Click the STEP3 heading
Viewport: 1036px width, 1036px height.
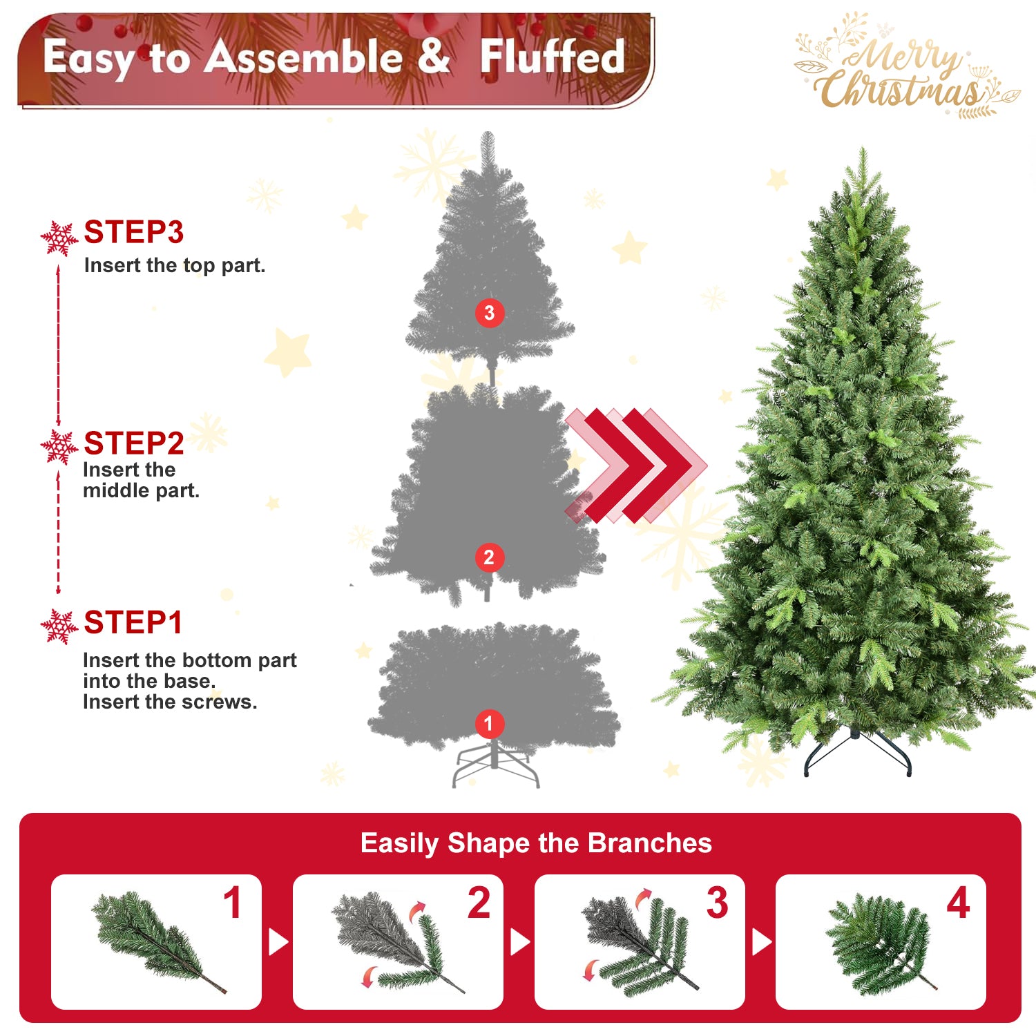[x=133, y=233]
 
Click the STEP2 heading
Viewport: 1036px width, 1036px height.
[x=133, y=443]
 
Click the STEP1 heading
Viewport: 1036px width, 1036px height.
[x=133, y=623]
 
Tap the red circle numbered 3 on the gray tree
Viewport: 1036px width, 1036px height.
[x=489, y=313]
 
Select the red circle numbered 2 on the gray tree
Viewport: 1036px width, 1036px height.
[x=489, y=557]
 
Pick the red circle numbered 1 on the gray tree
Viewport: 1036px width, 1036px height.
[x=489, y=724]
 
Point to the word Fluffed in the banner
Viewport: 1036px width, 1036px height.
[x=553, y=57]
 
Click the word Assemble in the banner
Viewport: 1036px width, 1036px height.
[x=304, y=57]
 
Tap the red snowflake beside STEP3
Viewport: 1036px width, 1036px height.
[x=59, y=238]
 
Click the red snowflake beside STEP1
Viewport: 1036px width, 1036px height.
[x=59, y=626]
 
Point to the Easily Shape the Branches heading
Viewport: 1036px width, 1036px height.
[x=536, y=843]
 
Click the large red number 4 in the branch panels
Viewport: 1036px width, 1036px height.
[x=958, y=903]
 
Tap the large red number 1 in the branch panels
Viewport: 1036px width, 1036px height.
[x=233, y=903]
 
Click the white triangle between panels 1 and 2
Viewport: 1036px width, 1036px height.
[x=278, y=942]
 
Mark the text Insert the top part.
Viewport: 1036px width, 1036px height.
[x=175, y=266]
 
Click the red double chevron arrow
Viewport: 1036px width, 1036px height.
[x=635, y=465]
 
